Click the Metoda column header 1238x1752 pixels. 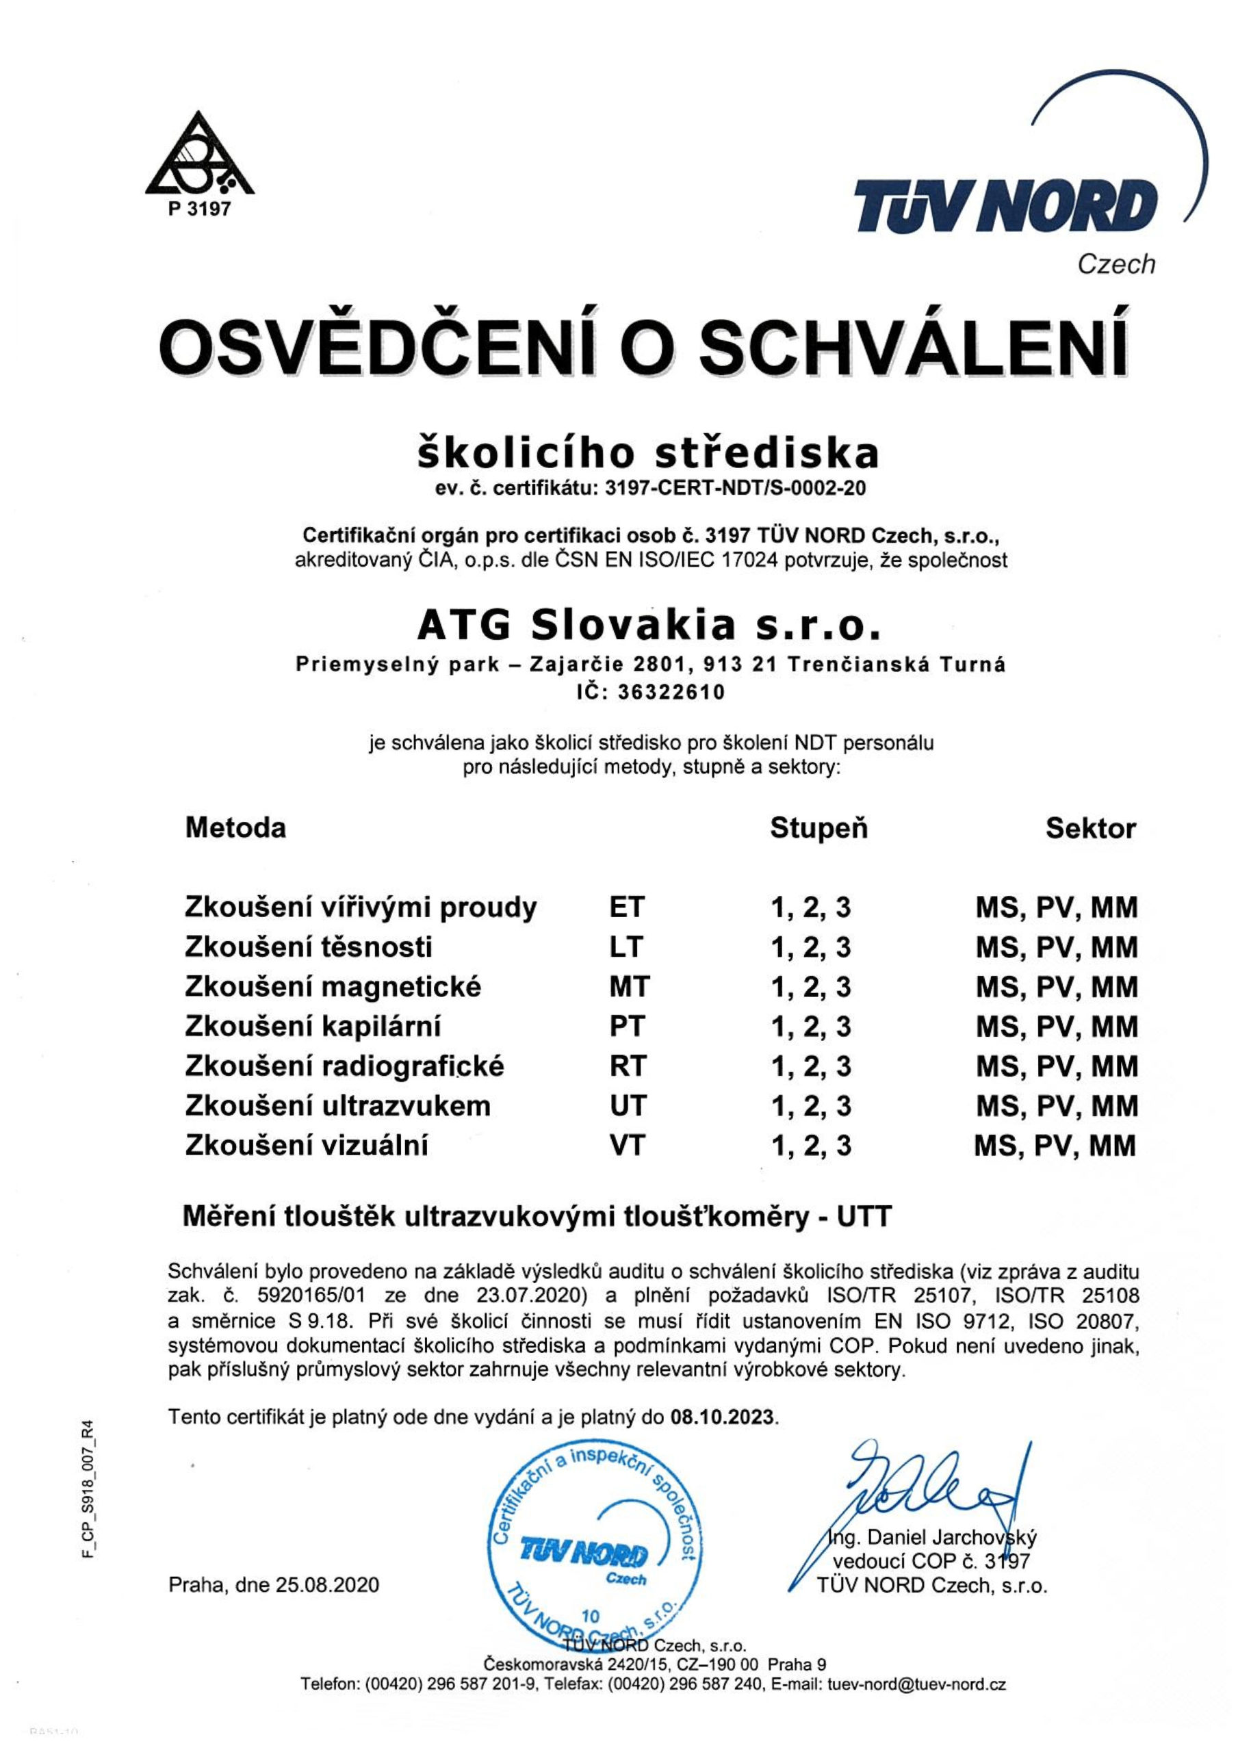(235, 828)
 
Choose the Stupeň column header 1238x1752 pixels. (819, 828)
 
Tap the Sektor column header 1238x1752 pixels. (1091, 828)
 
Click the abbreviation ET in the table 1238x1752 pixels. (627, 907)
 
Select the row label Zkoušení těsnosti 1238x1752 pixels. (309, 947)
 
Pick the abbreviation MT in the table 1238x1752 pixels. (629, 987)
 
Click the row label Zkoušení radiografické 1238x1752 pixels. (344, 1066)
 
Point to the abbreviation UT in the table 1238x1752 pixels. (628, 1106)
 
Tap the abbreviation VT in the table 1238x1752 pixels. (628, 1146)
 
